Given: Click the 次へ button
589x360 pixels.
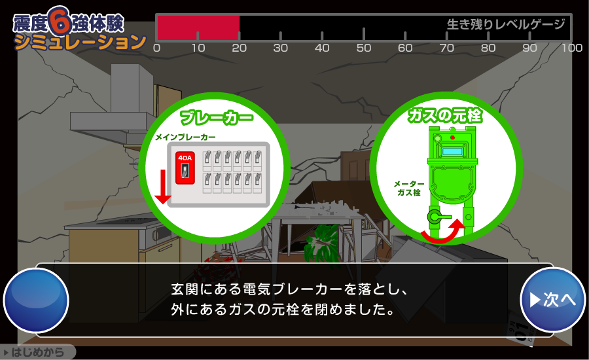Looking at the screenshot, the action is pyautogui.click(x=552, y=300).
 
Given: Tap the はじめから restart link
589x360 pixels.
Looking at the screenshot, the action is pyautogui.click(x=37, y=352).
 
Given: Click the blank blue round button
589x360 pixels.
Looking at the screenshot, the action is pyautogui.click(x=36, y=300).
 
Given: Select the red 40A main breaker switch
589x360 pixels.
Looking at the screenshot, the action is pyautogui.click(x=185, y=168).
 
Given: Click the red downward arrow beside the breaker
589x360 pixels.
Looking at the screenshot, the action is pyautogui.click(x=163, y=187).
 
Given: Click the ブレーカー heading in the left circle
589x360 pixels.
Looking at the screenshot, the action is pyautogui.click(x=217, y=117).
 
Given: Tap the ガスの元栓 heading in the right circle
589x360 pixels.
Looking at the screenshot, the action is pyautogui.click(x=445, y=115).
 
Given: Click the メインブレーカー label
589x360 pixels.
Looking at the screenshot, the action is pyautogui.click(x=186, y=137).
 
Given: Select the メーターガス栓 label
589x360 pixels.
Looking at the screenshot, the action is pyautogui.click(x=409, y=189).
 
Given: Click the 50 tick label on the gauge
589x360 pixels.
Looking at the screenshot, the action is pyautogui.click(x=364, y=48).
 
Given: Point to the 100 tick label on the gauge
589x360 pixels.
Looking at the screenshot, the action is pyautogui.click(x=572, y=48).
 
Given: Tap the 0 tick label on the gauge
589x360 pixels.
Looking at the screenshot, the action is pyautogui.click(x=156, y=48).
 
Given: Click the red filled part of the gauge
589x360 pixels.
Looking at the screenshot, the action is pyautogui.click(x=198, y=27).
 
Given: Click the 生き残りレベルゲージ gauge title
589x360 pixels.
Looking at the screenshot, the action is pyautogui.click(x=506, y=24).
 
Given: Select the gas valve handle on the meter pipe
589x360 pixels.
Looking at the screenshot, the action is pyautogui.click(x=438, y=217).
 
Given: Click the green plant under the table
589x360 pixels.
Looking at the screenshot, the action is pyautogui.click(x=322, y=243).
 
